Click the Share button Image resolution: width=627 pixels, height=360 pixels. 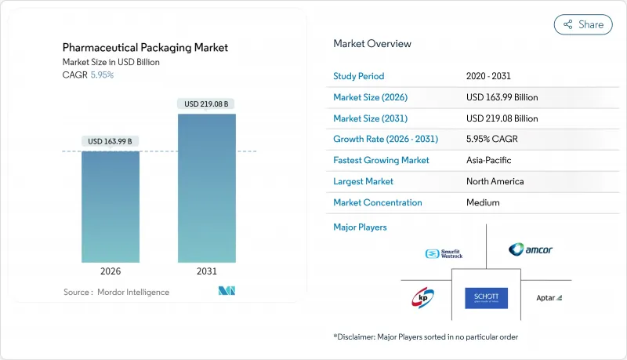pos(583,24)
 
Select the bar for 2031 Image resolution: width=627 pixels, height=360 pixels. pos(207,188)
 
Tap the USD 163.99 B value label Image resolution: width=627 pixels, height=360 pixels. pos(111,141)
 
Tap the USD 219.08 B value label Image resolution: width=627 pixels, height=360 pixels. pos(207,104)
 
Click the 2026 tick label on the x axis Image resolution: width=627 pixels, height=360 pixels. pos(111,271)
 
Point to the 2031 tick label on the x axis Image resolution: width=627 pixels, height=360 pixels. pos(207,271)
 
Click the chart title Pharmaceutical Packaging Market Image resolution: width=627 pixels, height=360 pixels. pos(146,47)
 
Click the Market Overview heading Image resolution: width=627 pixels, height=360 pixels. pos(372,43)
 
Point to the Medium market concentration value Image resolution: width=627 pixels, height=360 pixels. pos(483,202)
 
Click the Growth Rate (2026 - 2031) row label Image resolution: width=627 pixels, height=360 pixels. pos(386,139)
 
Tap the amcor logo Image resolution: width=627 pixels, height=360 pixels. pos(531,249)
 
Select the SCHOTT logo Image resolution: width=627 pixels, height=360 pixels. pos(486,298)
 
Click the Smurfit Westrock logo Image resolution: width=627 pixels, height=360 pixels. pos(444,253)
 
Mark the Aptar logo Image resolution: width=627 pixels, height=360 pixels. pos(549,298)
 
